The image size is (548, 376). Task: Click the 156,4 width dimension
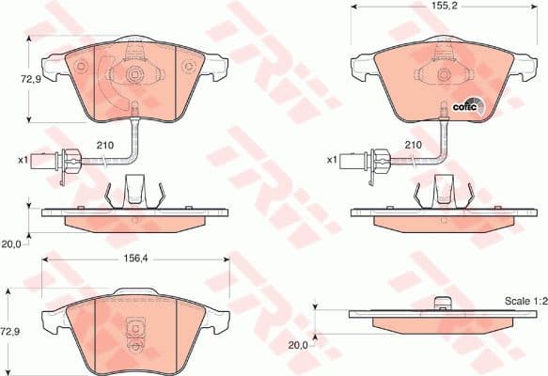point(134,264)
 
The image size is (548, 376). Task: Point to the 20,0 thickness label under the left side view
point(12,243)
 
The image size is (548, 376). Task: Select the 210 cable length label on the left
point(106,146)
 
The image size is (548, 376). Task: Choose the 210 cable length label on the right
point(411,146)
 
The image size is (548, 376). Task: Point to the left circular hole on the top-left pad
point(81,66)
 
